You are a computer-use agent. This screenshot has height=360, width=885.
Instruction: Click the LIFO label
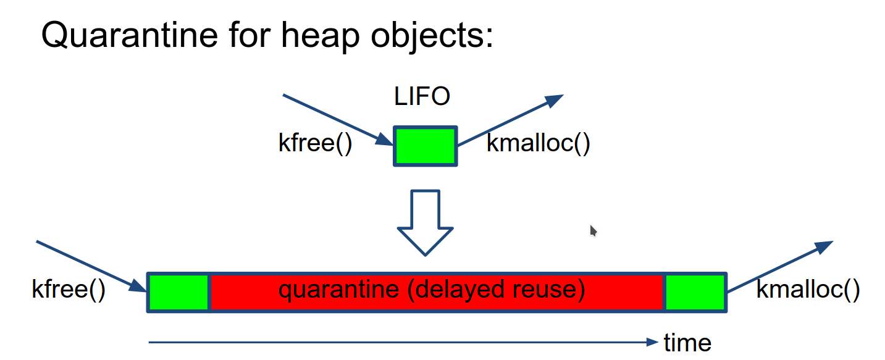point(422,97)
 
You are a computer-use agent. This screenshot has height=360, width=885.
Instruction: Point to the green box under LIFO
point(426,146)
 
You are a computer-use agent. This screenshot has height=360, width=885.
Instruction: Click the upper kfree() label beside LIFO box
point(315,144)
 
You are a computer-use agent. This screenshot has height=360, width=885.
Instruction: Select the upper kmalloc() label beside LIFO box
point(539,144)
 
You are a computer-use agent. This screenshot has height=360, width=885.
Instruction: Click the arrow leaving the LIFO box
point(510,120)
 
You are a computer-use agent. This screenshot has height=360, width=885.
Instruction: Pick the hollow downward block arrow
point(425,222)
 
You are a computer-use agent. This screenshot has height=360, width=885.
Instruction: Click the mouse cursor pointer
point(593,230)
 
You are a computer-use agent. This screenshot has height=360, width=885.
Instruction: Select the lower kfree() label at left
point(69,289)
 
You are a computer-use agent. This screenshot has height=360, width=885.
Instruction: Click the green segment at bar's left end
point(178,292)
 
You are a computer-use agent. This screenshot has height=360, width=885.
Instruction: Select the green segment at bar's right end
point(695,292)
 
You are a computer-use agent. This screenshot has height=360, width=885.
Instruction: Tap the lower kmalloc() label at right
point(807,289)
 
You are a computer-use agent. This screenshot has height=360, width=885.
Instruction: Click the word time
point(687,342)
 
